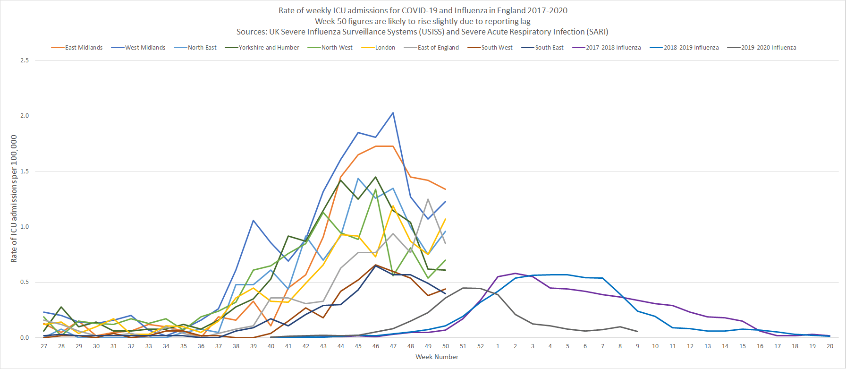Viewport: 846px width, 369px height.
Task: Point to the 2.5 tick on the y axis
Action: coord(25,60)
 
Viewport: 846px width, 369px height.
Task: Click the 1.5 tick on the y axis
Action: coord(25,172)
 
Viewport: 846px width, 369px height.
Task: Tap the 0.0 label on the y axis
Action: coord(25,338)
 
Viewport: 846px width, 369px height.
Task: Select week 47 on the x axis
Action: coord(393,346)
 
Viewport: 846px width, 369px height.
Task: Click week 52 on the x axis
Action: coord(481,346)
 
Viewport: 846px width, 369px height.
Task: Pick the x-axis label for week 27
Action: coord(44,346)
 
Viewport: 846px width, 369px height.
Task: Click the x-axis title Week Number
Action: coord(437,357)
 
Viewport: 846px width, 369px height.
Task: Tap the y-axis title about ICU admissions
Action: coord(14,199)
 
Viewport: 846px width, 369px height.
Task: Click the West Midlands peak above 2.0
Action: coord(393,113)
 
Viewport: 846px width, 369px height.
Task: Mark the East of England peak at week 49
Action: coord(428,199)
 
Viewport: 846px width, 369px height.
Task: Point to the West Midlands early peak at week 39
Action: coord(254,220)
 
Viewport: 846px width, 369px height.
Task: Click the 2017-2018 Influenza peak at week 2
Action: coord(516,273)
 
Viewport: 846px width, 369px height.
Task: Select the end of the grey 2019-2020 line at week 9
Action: coord(638,331)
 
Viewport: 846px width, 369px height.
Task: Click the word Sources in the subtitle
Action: coord(251,32)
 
